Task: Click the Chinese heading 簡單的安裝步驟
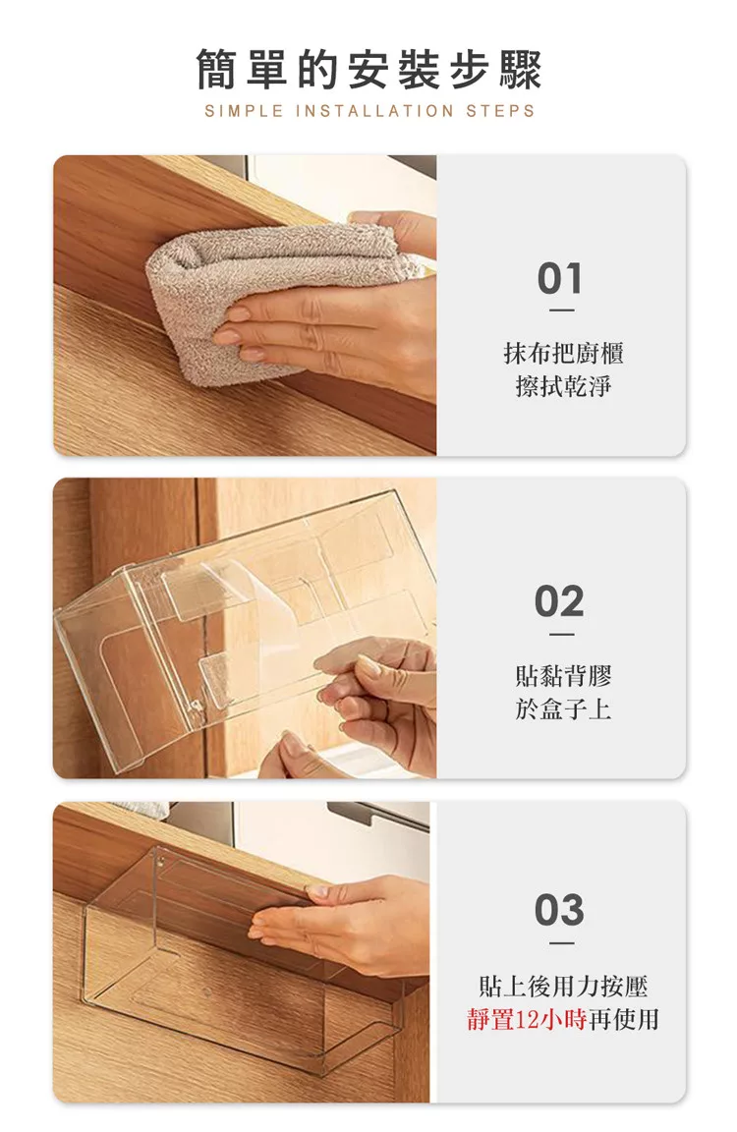[x=368, y=70]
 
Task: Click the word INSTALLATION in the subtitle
[x=375, y=111]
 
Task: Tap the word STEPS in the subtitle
[x=500, y=111]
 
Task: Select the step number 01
[x=560, y=279]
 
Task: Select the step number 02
[x=560, y=601]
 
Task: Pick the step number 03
[x=560, y=910]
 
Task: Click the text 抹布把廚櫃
[x=563, y=353]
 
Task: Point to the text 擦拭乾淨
[x=563, y=386]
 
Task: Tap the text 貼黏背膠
[x=563, y=676]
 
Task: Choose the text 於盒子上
[x=563, y=708]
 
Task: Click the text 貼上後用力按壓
[x=563, y=986]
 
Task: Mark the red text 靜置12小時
[x=527, y=1019]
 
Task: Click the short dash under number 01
[x=561, y=311]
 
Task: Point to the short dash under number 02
[x=561, y=634]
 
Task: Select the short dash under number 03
[x=561, y=943]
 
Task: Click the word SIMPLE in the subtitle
[x=244, y=111]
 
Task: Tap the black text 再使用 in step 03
[x=624, y=1019]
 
